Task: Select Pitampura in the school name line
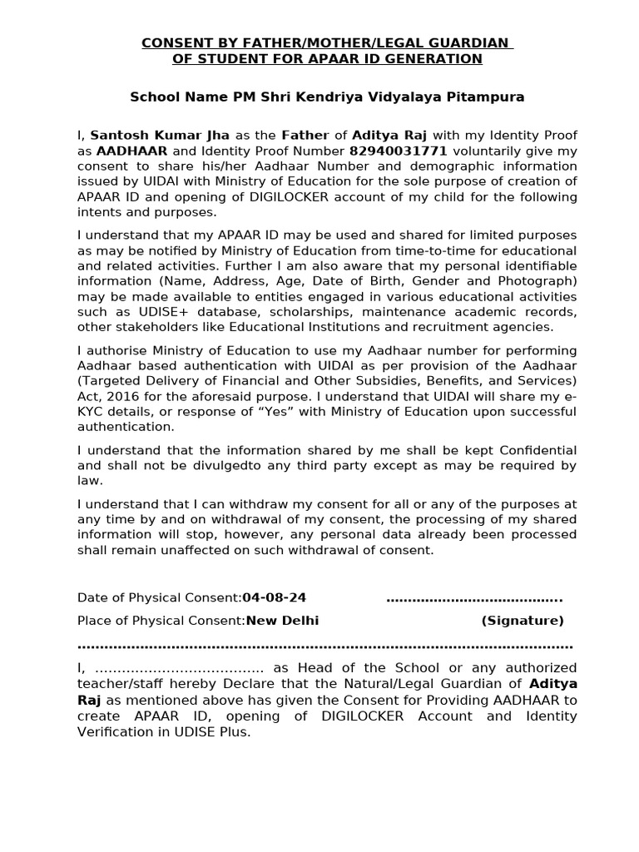coord(488,97)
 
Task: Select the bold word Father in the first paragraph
coord(305,135)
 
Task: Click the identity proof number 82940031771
coord(399,151)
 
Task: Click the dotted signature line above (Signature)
coord(474,598)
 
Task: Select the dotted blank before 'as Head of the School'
coord(180,668)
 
